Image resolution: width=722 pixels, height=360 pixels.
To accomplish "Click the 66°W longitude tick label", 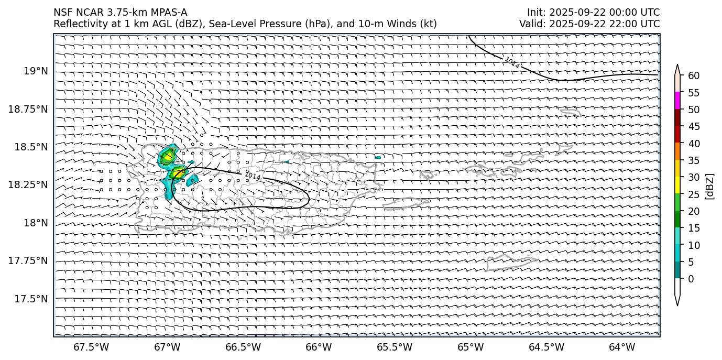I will (319, 347).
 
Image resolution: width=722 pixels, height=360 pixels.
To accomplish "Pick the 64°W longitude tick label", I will (622, 347).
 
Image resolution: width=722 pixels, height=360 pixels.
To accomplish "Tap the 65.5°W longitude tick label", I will (395, 347).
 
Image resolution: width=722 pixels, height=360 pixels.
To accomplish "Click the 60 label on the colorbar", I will (694, 76).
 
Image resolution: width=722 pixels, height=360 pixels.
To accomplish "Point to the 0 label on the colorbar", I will (691, 279).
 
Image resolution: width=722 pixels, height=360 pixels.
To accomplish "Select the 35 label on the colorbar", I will (694, 160).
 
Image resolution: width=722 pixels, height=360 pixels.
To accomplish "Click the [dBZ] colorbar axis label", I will (710, 186).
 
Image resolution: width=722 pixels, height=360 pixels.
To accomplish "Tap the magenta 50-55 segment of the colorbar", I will (677, 101).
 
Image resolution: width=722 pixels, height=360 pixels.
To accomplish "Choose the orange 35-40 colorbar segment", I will (677, 151).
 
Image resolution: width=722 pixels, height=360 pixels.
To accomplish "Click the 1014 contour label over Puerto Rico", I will (253, 176).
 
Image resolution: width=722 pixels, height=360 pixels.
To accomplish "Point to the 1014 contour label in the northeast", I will (512, 63).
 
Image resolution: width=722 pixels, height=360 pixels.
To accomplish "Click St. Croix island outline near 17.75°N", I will (511, 260).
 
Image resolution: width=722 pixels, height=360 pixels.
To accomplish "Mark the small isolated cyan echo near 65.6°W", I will (378, 157).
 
